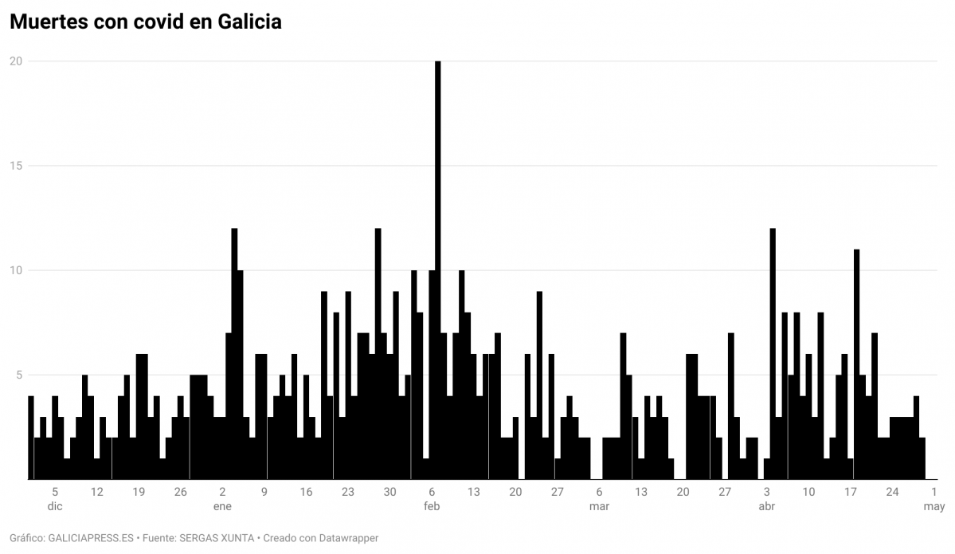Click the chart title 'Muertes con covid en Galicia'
pos(145,22)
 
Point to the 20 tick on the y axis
pos(15,61)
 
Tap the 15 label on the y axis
pos(15,166)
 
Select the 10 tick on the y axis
pos(15,270)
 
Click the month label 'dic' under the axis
pos(55,506)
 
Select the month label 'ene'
pos(222,506)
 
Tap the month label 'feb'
pos(432,506)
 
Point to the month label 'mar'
pos(599,506)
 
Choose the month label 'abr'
pos(766,506)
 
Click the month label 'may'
pos(934,506)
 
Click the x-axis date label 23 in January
pos(348,492)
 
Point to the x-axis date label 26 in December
pos(181,492)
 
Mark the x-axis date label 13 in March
pos(641,492)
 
